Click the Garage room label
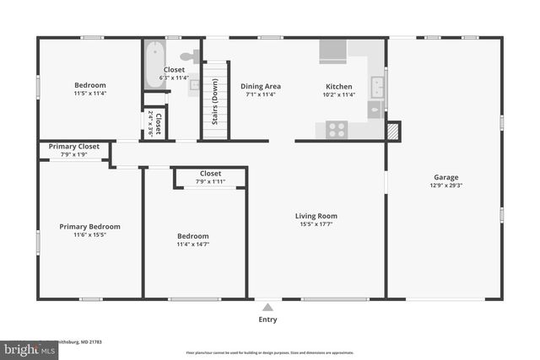pos(445,177)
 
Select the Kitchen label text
pos(340,86)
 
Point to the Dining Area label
pos(260,86)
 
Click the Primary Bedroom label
pos(89,226)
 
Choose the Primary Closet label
pos(73,147)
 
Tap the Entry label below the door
pos(267,320)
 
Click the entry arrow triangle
pos(267,307)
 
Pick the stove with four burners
pos(337,130)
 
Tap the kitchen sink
pos(377,85)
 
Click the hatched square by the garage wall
pos(392,132)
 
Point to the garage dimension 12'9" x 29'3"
pos(445,186)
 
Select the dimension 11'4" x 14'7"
pos(192,244)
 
